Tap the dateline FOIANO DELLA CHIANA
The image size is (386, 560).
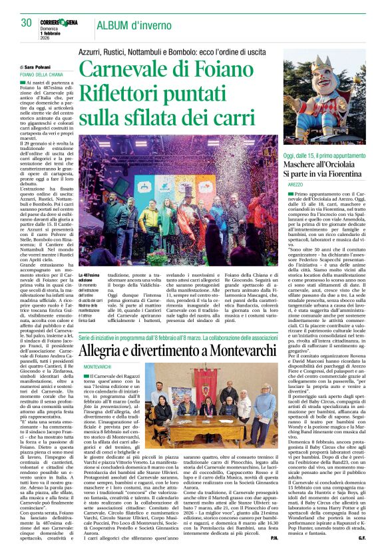point(42,75)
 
